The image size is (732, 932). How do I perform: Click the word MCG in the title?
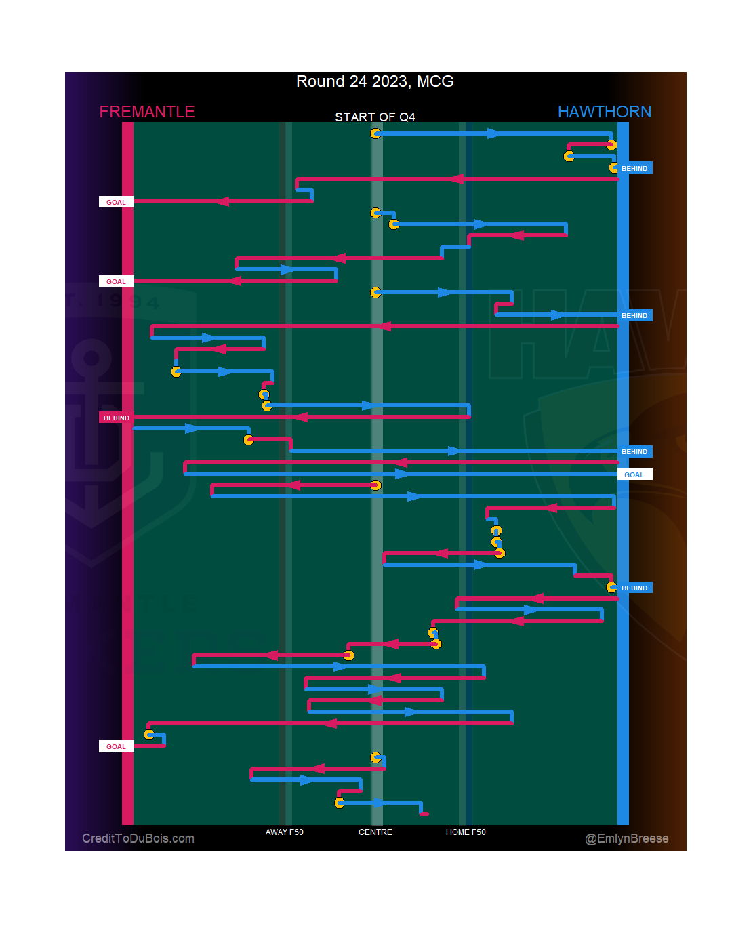coord(435,81)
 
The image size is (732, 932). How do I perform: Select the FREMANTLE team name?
coord(147,112)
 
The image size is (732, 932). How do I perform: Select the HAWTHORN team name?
coord(604,112)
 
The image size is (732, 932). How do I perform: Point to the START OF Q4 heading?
coord(375,117)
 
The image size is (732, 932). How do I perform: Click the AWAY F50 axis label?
coord(285,832)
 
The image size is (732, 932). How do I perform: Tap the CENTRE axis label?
coord(375,832)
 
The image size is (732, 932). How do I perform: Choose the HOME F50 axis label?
coord(466,832)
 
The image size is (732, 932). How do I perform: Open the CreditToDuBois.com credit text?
coord(138,838)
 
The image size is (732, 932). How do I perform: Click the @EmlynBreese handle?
coord(627,838)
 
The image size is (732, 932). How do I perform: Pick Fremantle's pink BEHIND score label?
coord(117,418)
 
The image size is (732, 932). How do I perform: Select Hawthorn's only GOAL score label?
coord(634,474)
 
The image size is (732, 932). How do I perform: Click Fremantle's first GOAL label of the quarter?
coord(116,202)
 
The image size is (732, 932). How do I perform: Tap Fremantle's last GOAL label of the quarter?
coord(116,746)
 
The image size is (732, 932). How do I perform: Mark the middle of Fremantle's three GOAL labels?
coord(116,281)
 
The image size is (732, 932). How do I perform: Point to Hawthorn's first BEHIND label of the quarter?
coord(634,168)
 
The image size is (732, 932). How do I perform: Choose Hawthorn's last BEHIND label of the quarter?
coord(634,588)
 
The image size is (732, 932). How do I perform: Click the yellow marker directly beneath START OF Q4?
coord(375,134)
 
